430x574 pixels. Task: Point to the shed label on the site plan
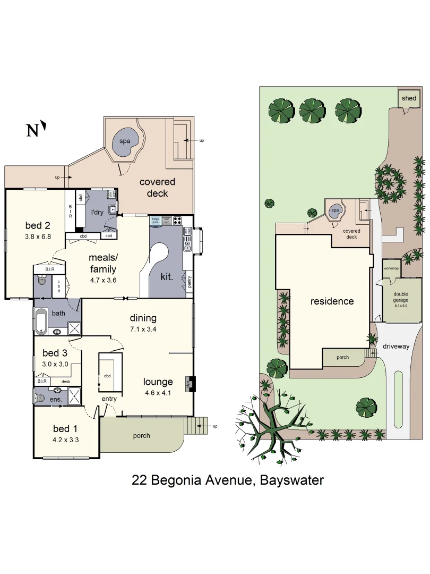[x=409, y=98]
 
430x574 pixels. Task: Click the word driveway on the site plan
[x=396, y=346]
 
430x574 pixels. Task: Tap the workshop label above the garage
[x=391, y=268]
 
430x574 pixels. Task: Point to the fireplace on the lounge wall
[x=187, y=384]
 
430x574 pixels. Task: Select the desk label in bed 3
[x=66, y=381]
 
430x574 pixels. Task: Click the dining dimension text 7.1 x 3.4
[x=143, y=328]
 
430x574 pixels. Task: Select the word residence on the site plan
[x=332, y=301]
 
